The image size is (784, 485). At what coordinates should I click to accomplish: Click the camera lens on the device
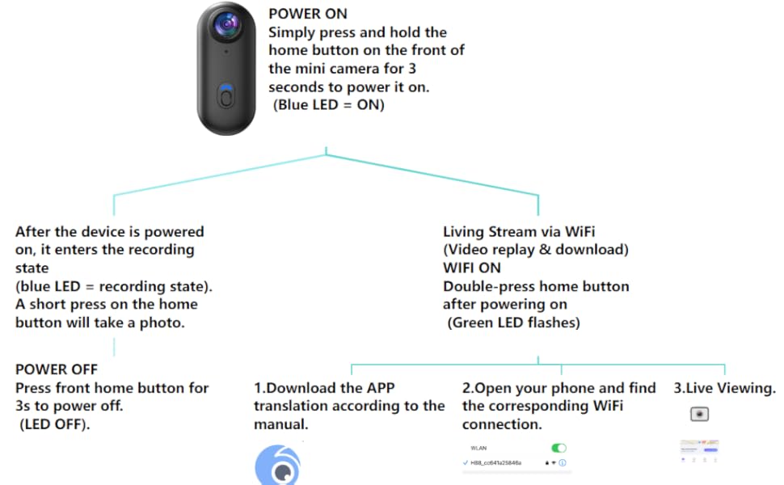click(226, 26)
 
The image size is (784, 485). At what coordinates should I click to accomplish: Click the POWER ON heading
click(307, 14)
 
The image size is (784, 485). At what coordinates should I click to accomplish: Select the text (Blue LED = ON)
click(328, 104)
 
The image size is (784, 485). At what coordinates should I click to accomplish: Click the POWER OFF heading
click(57, 369)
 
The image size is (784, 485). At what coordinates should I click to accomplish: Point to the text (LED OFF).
click(54, 423)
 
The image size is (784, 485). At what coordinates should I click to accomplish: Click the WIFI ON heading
click(471, 268)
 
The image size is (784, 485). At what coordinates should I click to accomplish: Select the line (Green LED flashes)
click(513, 323)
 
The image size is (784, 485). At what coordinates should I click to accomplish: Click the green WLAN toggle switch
click(558, 448)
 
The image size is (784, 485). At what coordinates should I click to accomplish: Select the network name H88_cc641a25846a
click(495, 463)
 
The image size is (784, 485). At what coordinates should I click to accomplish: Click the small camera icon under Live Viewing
click(699, 414)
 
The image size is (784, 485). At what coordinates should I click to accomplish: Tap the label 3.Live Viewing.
click(724, 388)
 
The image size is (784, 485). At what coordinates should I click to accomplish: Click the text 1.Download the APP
click(324, 388)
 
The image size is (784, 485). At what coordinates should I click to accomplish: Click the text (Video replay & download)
click(535, 250)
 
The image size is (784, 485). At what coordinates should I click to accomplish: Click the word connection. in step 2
click(501, 424)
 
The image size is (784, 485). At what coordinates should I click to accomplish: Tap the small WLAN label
click(478, 448)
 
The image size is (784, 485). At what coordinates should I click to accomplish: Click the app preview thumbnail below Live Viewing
click(699, 449)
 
